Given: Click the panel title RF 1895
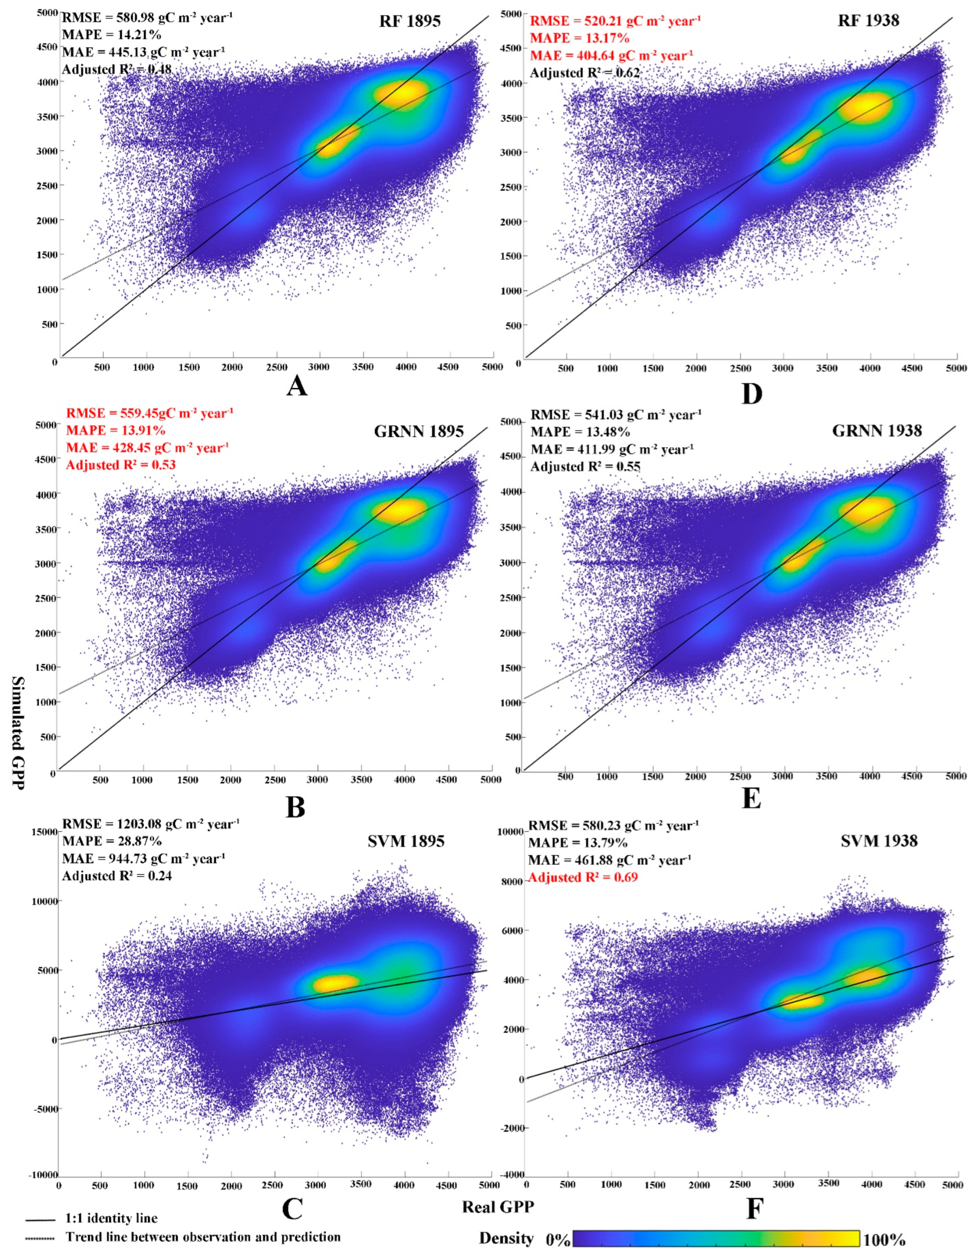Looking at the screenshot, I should pyautogui.click(x=409, y=21).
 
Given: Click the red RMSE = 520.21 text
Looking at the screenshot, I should pyautogui.click(x=615, y=21).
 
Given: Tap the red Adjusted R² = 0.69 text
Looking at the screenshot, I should pyautogui.click(x=583, y=877).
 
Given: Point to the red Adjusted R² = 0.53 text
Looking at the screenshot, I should pyautogui.click(x=121, y=465).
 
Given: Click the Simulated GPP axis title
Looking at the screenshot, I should pyautogui.click(x=18, y=732).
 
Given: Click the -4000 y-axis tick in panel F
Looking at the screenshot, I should pyautogui.click(x=511, y=1175).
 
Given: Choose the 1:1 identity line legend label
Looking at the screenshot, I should pyautogui.click(x=111, y=1218).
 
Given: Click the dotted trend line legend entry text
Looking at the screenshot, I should pyautogui.click(x=203, y=1237).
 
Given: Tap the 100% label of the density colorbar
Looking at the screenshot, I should pyautogui.click(x=883, y=1240).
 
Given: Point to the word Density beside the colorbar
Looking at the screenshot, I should pyautogui.click(x=506, y=1238).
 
